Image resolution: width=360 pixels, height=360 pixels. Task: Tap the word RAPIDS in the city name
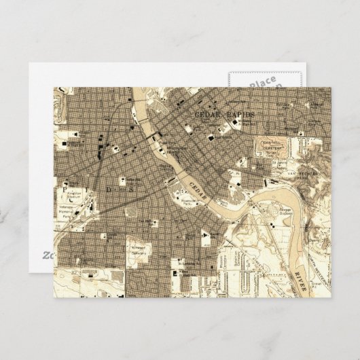point(239,115)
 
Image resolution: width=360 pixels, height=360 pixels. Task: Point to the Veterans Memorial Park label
point(67,215)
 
